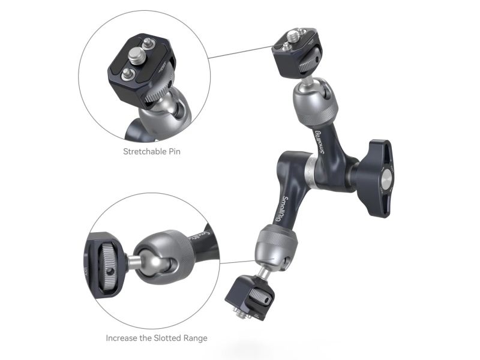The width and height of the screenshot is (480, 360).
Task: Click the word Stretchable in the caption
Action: (x=144, y=151)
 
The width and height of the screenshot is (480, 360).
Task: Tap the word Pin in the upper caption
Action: (x=174, y=151)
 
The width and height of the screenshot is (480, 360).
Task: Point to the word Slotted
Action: (x=167, y=338)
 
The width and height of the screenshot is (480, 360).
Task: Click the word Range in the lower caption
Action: (x=196, y=338)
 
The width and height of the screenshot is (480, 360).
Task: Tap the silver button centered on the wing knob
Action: (x=386, y=178)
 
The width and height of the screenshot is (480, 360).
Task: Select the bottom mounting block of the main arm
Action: (x=250, y=297)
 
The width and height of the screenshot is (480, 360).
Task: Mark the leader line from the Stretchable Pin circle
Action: (x=241, y=52)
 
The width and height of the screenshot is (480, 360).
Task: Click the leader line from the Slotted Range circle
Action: (x=237, y=262)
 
